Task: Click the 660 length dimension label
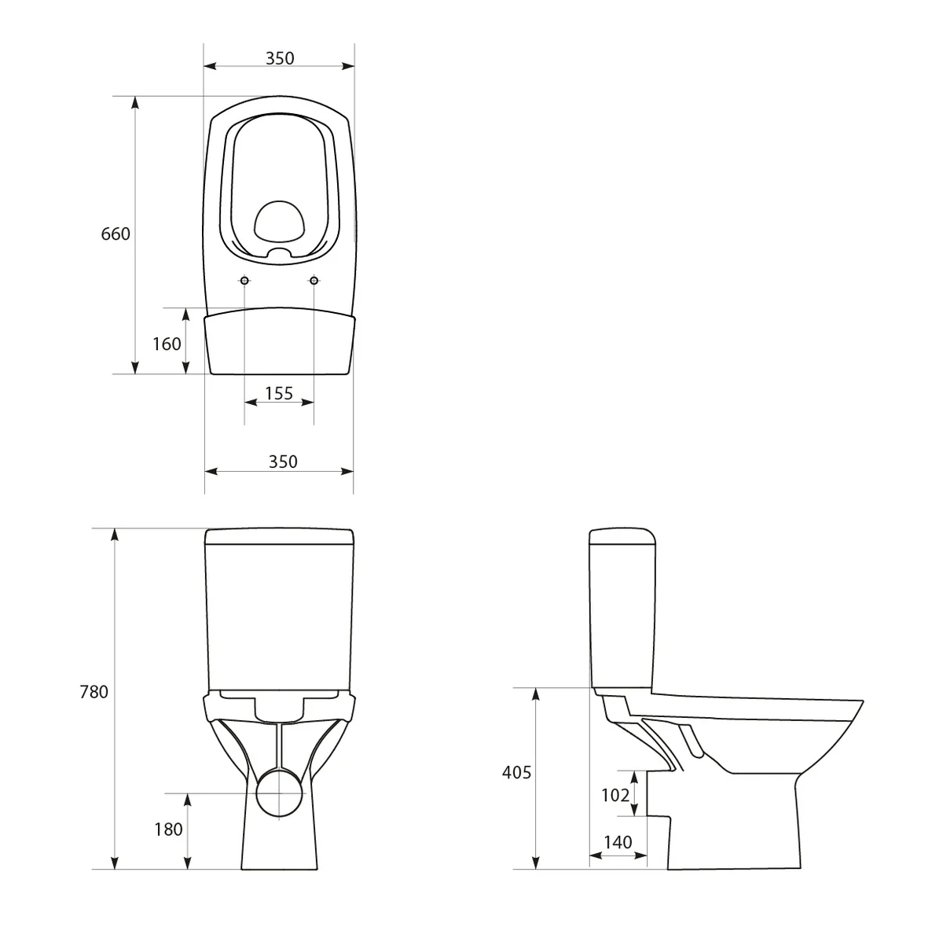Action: [x=116, y=234]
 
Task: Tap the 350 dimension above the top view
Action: [x=279, y=58]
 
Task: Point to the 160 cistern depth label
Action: [x=167, y=344]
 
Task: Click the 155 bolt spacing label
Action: [x=279, y=393]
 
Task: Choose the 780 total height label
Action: [x=94, y=693]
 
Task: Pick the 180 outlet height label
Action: [x=168, y=829]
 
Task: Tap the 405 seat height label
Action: [x=516, y=773]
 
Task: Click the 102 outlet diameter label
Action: [x=615, y=795]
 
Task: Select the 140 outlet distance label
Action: [x=618, y=842]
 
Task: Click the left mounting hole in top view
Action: [x=244, y=281]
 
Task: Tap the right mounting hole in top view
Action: [x=314, y=281]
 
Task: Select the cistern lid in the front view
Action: [x=279, y=538]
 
